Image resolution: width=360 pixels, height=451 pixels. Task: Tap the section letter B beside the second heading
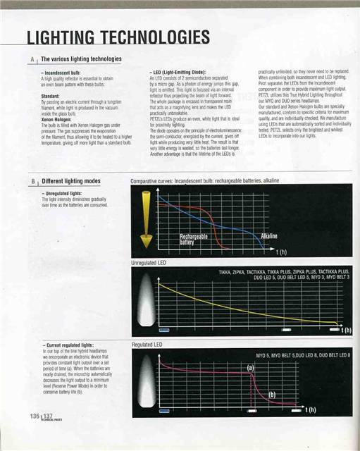pyautogui.click(x=32, y=181)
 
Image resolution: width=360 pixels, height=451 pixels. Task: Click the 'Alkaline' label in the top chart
pyautogui.click(x=272, y=237)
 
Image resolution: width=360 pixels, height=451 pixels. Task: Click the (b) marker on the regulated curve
pyautogui.click(x=272, y=395)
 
